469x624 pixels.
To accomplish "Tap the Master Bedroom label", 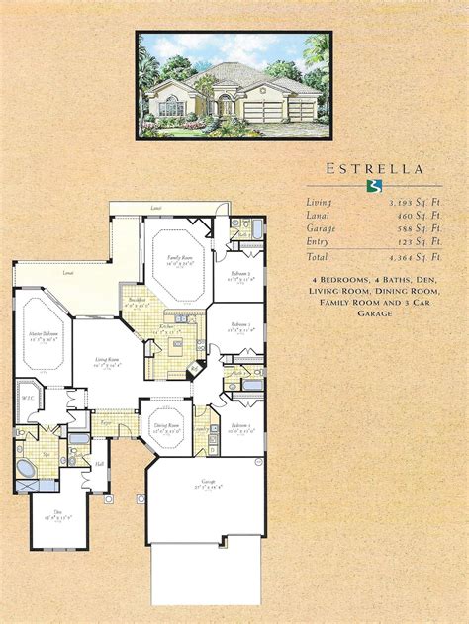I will tap(43, 336).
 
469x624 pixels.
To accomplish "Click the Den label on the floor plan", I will tap(46, 513).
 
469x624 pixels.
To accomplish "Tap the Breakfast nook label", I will tap(136, 303).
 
